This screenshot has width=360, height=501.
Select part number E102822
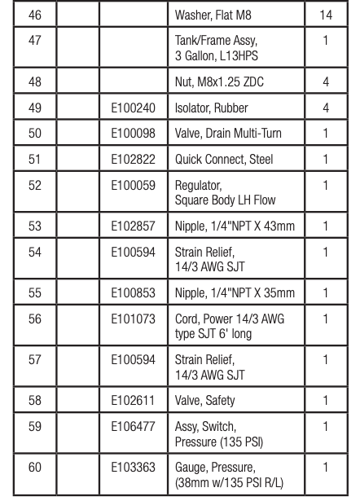click(133, 160)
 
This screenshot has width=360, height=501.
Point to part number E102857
click(133, 226)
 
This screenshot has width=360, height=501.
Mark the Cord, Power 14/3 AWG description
click(229, 325)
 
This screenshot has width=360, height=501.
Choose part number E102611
click(133, 400)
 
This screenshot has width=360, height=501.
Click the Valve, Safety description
click(207, 400)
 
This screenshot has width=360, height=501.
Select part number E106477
click(133, 425)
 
